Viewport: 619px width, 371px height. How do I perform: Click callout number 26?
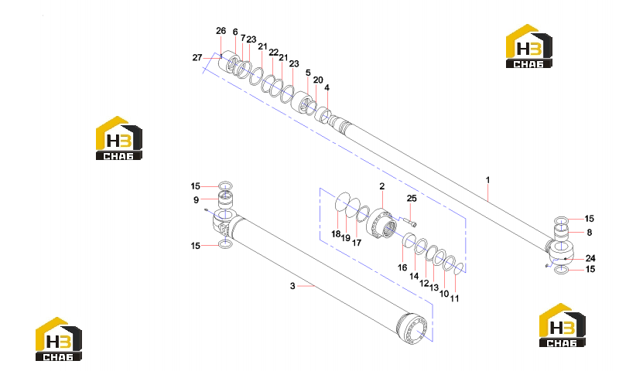[x=221, y=31]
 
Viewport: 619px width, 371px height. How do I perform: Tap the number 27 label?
[x=197, y=57]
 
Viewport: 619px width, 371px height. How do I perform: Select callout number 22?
[x=273, y=52]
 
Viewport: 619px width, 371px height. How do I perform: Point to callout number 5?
[x=308, y=73]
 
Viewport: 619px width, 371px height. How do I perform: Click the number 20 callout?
[x=318, y=80]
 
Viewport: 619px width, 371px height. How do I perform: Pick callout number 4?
[x=327, y=87]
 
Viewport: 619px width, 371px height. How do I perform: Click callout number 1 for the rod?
[x=487, y=180]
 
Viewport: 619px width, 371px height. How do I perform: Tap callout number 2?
[x=381, y=186]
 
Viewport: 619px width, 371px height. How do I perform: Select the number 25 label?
[x=412, y=199]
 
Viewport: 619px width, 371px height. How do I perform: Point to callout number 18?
[x=336, y=234]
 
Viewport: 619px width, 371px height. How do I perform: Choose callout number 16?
[x=402, y=267]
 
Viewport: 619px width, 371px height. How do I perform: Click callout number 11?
[x=455, y=298]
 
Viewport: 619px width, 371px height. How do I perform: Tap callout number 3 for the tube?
[x=292, y=286]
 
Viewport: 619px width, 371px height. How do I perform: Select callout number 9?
[x=196, y=200]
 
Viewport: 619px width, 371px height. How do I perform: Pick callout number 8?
[x=589, y=233]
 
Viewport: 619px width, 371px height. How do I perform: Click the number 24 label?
[x=590, y=258]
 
